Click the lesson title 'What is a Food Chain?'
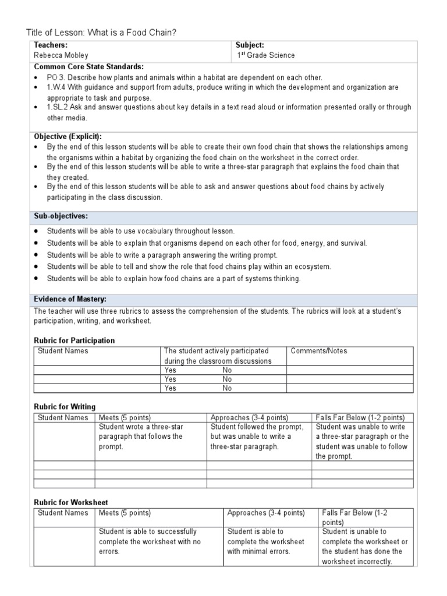[132, 33]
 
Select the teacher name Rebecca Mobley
[61, 55]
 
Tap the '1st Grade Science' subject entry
[265, 55]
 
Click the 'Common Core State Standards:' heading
[89, 66]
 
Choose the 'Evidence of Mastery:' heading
[70, 299]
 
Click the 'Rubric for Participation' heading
[74, 340]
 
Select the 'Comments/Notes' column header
[318, 351]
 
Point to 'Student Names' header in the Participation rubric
[63, 351]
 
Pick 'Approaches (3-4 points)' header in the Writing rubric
[249, 418]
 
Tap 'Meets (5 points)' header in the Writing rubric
[125, 418]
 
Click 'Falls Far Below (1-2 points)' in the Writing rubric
[360, 418]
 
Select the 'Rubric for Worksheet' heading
[70, 502]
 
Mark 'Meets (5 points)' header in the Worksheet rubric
[125, 513]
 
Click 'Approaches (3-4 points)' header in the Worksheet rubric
[266, 513]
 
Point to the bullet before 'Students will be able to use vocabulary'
[37, 231]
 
